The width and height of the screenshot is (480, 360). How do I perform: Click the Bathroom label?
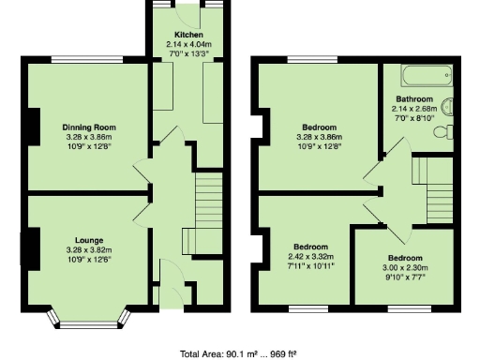pyautogui.click(x=414, y=98)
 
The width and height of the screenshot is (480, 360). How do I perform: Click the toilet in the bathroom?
pyautogui.click(x=446, y=130)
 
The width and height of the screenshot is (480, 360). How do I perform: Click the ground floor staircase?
pyautogui.click(x=207, y=202)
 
